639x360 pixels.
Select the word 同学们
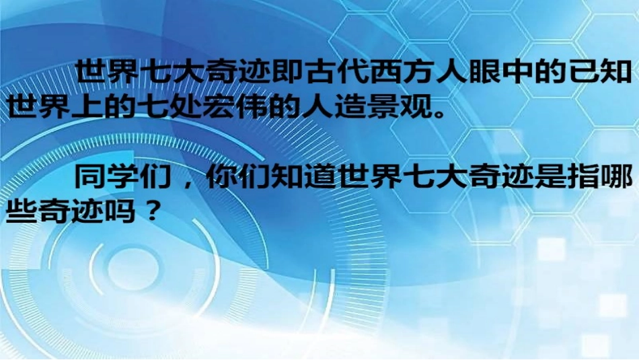click(119, 178)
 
